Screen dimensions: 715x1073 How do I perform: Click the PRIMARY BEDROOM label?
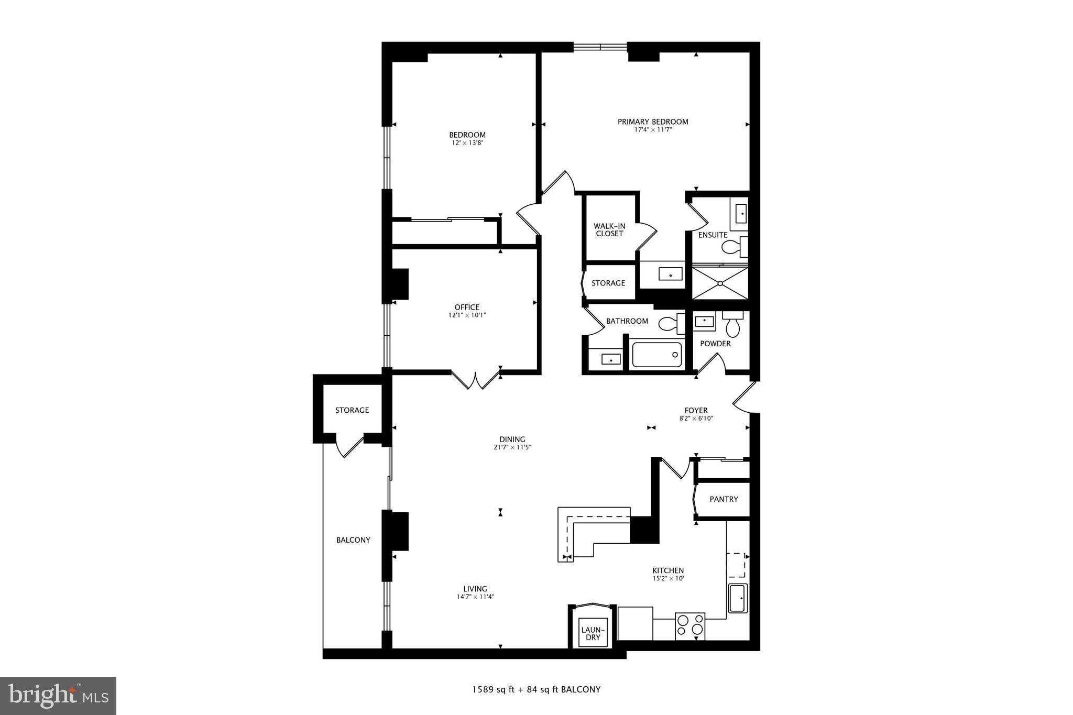pyautogui.click(x=652, y=122)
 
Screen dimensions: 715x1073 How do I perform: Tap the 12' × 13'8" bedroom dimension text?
pyautogui.click(x=467, y=142)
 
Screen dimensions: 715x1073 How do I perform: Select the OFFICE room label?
pyautogui.click(x=467, y=307)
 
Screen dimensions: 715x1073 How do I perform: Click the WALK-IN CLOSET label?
pyautogui.click(x=609, y=230)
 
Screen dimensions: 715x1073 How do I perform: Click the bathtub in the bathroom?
pyautogui.click(x=657, y=355)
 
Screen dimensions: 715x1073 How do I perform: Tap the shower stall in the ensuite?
pyautogui.click(x=720, y=283)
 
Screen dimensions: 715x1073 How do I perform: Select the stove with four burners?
pyautogui.click(x=690, y=626)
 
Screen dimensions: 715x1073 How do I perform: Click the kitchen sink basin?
pyautogui.click(x=738, y=598)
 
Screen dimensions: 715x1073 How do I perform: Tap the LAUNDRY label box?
pyautogui.click(x=593, y=633)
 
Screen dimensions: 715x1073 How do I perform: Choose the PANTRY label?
pyautogui.click(x=724, y=499)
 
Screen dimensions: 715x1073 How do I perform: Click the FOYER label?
pyautogui.click(x=696, y=411)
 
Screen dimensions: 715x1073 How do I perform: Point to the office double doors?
pyautogui.click(x=475, y=380)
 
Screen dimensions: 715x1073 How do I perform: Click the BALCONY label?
pyautogui.click(x=353, y=540)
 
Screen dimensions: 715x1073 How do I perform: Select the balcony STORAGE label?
pyautogui.click(x=352, y=410)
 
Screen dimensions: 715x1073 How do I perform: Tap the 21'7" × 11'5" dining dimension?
pyautogui.click(x=512, y=447)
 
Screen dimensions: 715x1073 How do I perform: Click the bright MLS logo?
pyautogui.click(x=58, y=696)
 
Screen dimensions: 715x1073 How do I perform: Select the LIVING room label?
pyautogui.click(x=475, y=589)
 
